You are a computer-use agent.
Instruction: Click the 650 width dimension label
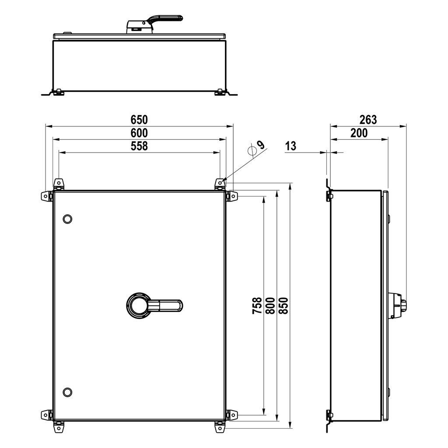140,119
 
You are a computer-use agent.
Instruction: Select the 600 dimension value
140,133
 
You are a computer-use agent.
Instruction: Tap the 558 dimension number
140,146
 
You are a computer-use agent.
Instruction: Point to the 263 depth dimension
368,119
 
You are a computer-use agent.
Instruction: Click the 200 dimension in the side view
359,133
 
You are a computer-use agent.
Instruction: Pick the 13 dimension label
290,146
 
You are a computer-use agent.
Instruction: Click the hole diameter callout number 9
261,145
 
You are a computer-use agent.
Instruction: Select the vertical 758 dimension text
257,306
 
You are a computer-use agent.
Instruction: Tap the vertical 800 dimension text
270,306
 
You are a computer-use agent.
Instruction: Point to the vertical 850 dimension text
283,306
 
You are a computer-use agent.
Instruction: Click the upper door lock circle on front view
67,219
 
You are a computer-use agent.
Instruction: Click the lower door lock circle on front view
67,392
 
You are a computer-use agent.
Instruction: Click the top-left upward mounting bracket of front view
58,184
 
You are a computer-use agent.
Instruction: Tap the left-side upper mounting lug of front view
45,196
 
